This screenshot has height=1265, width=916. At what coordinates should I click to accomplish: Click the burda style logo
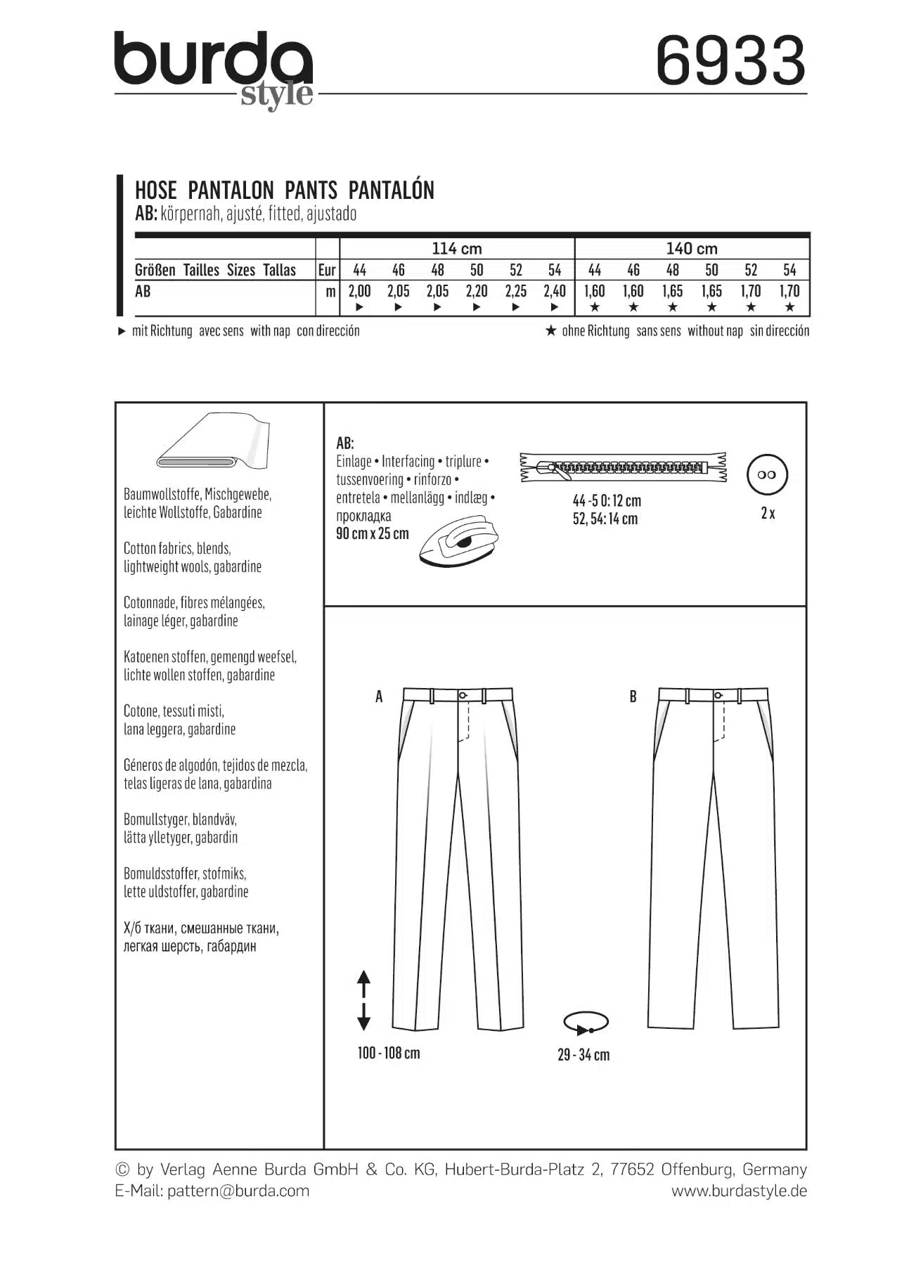tap(214, 69)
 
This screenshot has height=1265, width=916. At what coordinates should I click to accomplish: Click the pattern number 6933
tap(730, 61)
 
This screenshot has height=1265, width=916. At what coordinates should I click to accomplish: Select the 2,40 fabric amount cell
tap(555, 291)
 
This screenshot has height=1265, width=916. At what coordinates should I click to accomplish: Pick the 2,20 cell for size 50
tap(477, 291)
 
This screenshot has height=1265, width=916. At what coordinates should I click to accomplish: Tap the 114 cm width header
tap(457, 248)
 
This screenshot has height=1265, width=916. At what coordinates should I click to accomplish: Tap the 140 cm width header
tap(692, 248)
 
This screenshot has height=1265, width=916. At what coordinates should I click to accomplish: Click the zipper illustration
tap(623, 466)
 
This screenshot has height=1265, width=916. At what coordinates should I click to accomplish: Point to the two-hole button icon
tap(768, 474)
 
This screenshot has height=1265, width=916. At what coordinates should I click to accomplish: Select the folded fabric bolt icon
tap(212, 443)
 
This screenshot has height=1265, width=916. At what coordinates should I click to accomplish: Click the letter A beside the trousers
tap(379, 696)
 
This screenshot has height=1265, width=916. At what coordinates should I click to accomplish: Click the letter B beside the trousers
tap(633, 696)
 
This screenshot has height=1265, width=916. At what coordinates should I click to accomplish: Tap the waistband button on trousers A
tap(463, 695)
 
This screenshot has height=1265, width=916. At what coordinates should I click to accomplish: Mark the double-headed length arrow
tap(363, 1000)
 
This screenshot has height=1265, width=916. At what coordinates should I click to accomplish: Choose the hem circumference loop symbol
tap(586, 1023)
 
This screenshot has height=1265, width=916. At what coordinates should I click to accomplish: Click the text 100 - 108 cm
tap(389, 1053)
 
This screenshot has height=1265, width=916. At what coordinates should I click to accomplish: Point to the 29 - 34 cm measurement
tap(583, 1055)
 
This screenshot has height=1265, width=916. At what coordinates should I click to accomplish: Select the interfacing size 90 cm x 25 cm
tap(373, 533)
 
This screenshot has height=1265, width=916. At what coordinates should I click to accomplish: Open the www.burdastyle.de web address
tap(739, 1191)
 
